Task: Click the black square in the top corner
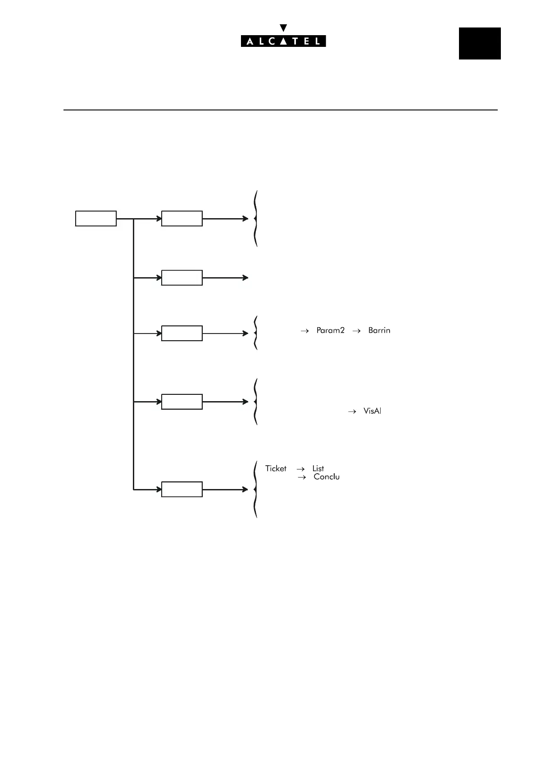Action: point(480,43)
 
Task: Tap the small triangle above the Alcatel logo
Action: point(283,28)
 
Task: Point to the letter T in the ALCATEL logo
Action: point(295,41)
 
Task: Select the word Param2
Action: point(330,330)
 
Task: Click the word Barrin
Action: point(379,330)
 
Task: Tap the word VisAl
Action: point(372,411)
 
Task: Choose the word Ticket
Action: point(276,469)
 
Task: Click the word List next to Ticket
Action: point(318,469)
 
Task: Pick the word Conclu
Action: point(327,477)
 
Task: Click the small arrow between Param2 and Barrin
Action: point(356,331)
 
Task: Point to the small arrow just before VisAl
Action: point(352,412)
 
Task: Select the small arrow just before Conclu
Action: point(302,477)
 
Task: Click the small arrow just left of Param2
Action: point(305,331)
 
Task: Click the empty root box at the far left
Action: point(95,219)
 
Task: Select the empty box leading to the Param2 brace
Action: point(182,334)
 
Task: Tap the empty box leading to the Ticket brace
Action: point(182,489)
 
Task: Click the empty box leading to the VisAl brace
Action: point(182,402)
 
